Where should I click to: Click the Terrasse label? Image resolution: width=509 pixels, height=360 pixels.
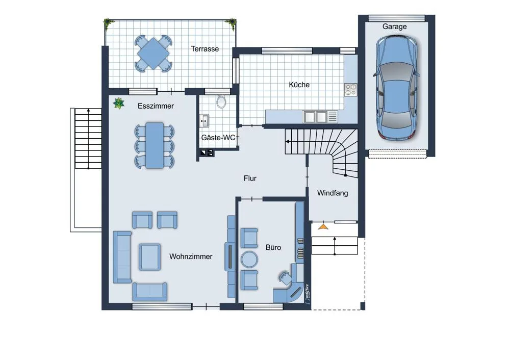click(205, 49)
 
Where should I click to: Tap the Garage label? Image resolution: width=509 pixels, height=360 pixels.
click(394, 27)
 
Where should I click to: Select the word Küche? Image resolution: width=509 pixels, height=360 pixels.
click(299, 85)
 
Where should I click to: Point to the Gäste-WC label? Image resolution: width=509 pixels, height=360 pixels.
click(218, 138)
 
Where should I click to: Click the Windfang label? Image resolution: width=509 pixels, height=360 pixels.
click(333, 193)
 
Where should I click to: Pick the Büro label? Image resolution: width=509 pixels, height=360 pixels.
click(273, 247)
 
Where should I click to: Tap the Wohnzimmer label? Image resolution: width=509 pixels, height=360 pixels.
click(191, 256)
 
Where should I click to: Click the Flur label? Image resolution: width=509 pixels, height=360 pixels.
click(250, 178)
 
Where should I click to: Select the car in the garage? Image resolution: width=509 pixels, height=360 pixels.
click(396, 88)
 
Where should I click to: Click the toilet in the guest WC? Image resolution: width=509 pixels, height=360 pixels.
click(221, 101)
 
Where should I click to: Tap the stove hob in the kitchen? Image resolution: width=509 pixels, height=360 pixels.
click(350, 90)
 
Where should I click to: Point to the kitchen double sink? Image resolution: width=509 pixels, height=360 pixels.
click(315, 117)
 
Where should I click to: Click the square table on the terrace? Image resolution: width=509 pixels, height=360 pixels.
click(153, 53)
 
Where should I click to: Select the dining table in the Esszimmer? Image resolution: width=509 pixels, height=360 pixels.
click(155, 145)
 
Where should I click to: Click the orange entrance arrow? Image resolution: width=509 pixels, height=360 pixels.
click(323, 226)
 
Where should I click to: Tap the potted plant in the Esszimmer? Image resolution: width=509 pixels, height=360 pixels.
click(118, 104)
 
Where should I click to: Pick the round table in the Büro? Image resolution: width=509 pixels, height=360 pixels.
click(249, 260)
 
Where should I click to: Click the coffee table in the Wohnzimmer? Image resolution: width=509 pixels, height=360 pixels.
click(149, 257)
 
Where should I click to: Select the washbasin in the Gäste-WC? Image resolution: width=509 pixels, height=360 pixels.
click(204, 121)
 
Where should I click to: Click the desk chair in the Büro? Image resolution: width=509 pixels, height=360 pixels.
click(285, 277)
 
